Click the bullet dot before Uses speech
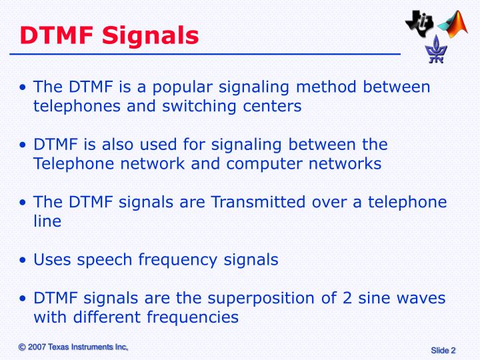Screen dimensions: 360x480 click(x=25, y=260)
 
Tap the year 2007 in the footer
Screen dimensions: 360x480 click(x=37, y=347)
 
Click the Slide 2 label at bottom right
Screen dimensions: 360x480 click(x=443, y=351)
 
